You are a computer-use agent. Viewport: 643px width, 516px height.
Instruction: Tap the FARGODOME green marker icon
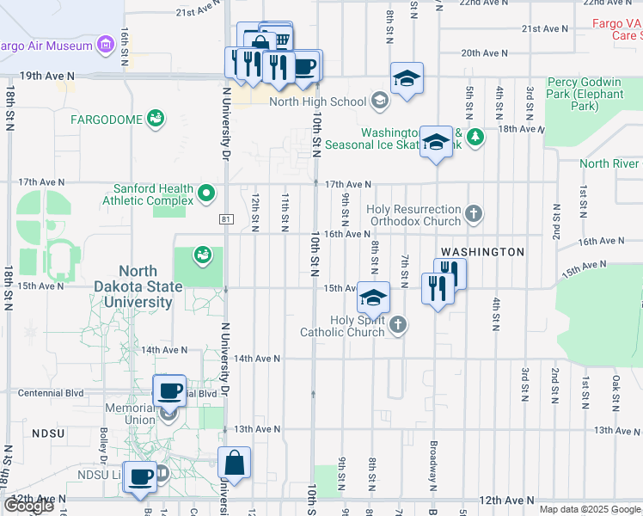[156, 119]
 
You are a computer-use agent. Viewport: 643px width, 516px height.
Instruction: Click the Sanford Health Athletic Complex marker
[206, 193]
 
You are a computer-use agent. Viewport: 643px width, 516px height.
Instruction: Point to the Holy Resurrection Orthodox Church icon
[473, 212]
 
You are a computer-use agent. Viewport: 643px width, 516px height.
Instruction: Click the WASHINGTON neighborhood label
[481, 252]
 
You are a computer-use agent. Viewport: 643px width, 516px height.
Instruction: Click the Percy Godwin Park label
[585, 93]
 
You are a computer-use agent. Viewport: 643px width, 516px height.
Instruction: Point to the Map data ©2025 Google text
[590, 509]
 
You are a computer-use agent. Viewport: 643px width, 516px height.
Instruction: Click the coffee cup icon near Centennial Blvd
[169, 391]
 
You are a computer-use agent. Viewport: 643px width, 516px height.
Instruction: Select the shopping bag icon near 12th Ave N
[234, 464]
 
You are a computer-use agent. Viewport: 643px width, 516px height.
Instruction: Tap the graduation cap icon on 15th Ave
[373, 298]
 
